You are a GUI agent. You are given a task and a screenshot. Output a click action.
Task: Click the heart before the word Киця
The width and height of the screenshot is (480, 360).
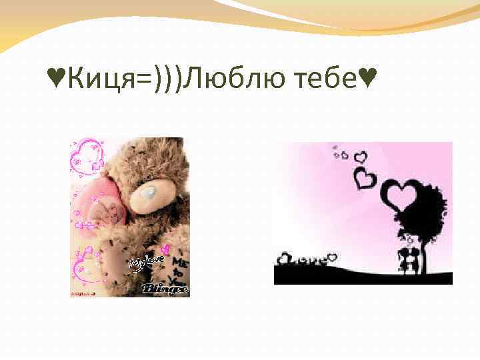(57, 81)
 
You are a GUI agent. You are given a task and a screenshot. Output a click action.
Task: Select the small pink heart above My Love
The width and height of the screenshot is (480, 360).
(165, 249)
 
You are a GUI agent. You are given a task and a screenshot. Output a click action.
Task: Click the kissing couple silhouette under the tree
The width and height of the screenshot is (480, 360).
(407, 257)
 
